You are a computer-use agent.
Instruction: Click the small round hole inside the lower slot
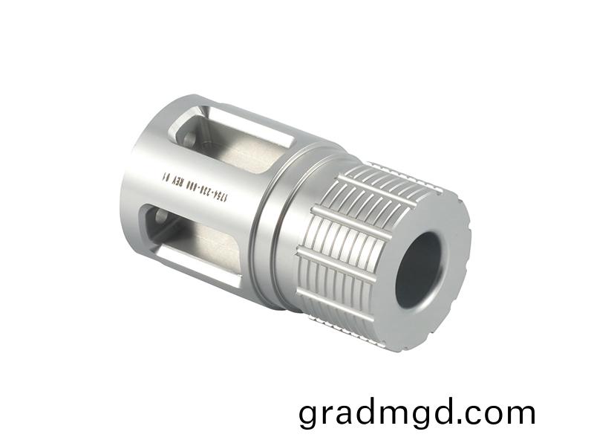160,219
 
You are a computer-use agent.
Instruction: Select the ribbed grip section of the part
349,238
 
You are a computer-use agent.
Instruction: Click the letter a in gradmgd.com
350,413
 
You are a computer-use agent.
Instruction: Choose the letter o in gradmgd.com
499,413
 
